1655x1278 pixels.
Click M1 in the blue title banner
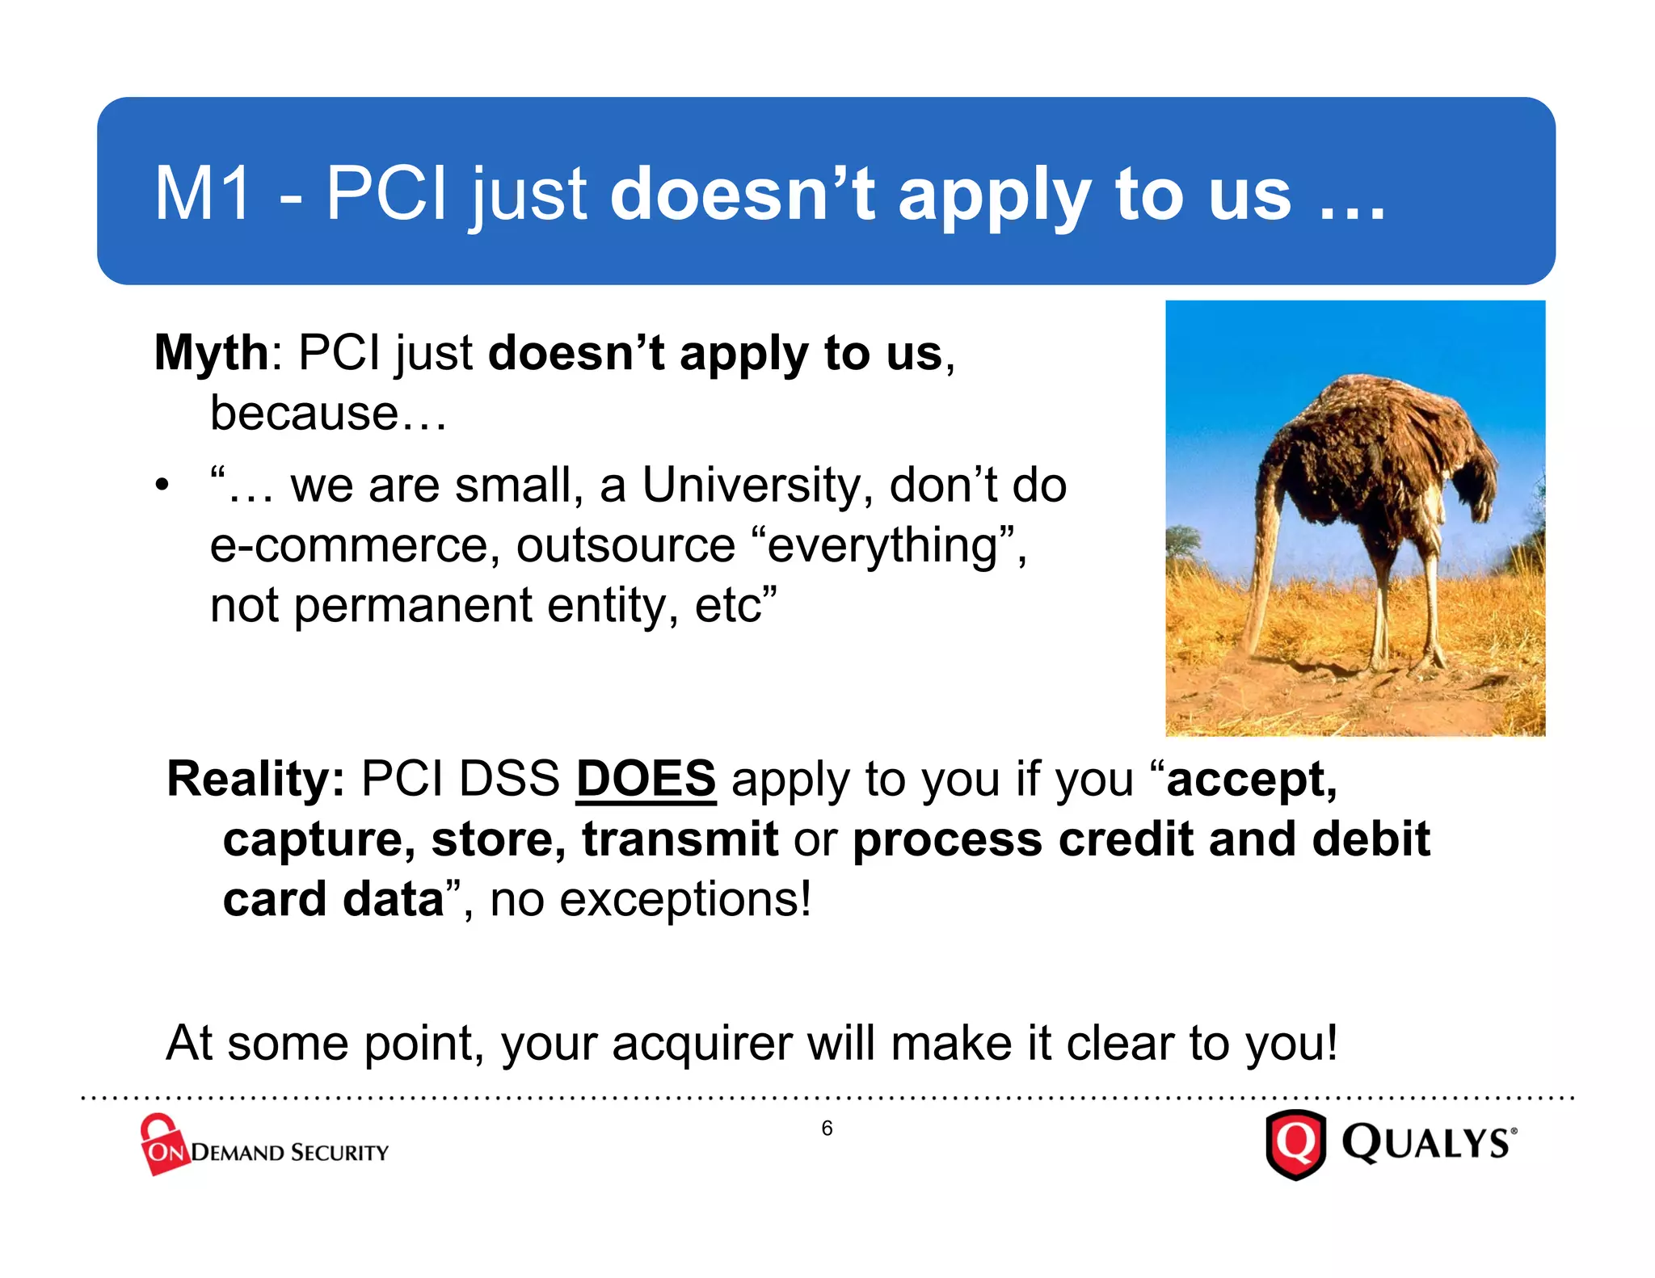click(201, 194)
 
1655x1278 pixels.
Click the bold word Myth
click(211, 354)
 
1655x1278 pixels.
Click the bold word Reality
click(255, 780)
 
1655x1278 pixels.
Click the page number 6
click(827, 1129)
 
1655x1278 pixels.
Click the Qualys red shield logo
click(1295, 1144)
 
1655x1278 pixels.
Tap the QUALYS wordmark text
click(1425, 1144)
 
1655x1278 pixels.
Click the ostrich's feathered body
click(1374, 452)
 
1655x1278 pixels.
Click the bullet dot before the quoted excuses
click(163, 486)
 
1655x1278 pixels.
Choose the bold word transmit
click(680, 839)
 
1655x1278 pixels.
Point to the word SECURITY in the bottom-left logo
click(339, 1153)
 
